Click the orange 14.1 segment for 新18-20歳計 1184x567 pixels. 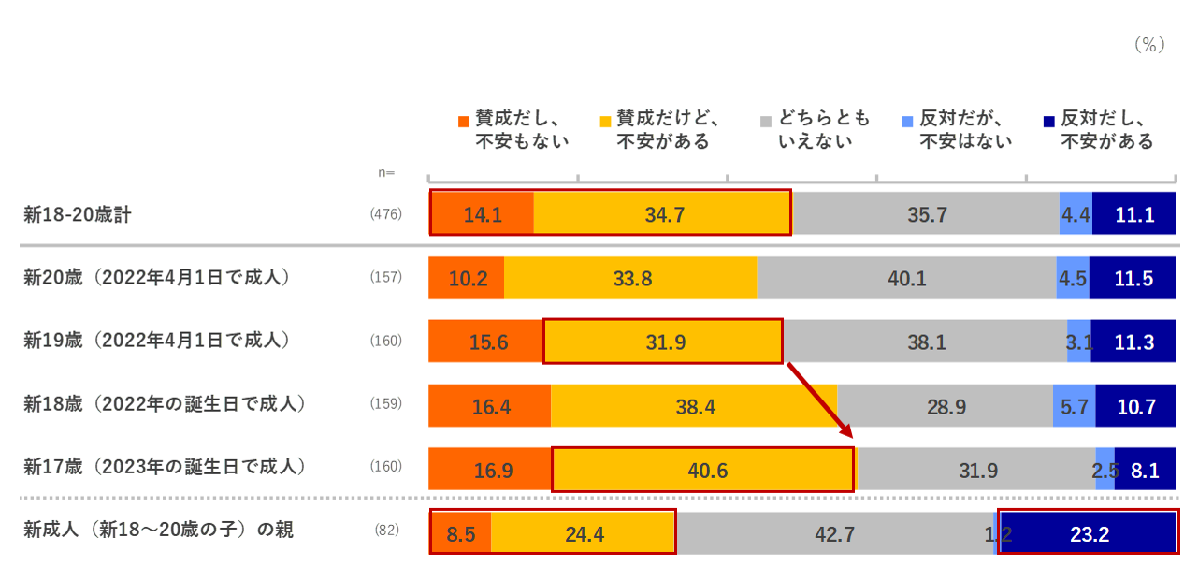[483, 214]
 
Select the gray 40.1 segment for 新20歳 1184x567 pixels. [906, 278]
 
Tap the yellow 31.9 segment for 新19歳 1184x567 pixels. [663, 342]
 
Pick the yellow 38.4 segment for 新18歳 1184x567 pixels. [694, 406]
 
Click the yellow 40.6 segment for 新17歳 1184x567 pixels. [703, 470]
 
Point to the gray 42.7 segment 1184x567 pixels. [834, 533]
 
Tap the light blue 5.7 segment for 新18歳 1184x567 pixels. [1074, 406]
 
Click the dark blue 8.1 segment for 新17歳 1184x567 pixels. [1145, 470]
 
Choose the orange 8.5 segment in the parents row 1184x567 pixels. [460, 533]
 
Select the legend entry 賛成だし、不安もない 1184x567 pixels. [513, 130]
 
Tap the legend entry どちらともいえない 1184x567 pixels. [815, 130]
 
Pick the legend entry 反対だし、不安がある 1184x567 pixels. [1098, 130]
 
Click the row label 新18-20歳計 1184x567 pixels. [78, 214]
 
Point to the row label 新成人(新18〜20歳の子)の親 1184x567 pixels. [159, 531]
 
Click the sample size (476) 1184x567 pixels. [386, 214]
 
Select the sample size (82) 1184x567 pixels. [386, 531]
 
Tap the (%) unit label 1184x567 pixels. [1148, 44]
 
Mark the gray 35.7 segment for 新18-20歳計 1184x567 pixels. [927, 214]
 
